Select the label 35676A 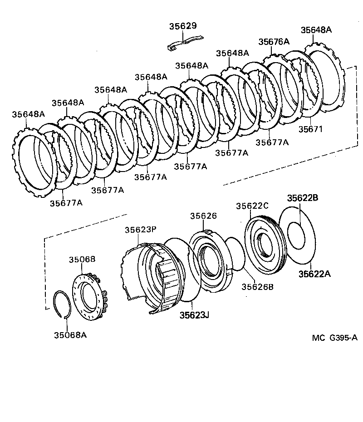(x=274, y=41)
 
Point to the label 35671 (x=310, y=129)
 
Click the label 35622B (x=302, y=198)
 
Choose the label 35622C (x=252, y=206)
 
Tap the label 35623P (x=141, y=230)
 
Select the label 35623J (x=194, y=315)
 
